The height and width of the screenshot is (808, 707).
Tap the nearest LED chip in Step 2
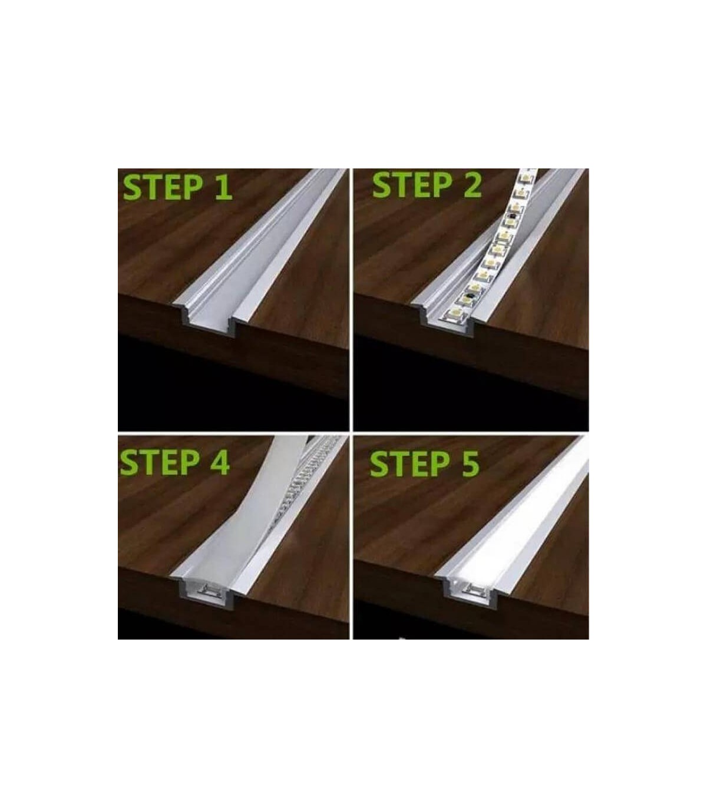tap(455, 315)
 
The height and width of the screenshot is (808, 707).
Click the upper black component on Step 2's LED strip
tap(512, 217)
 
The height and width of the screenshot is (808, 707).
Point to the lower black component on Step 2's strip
tap(470, 295)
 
